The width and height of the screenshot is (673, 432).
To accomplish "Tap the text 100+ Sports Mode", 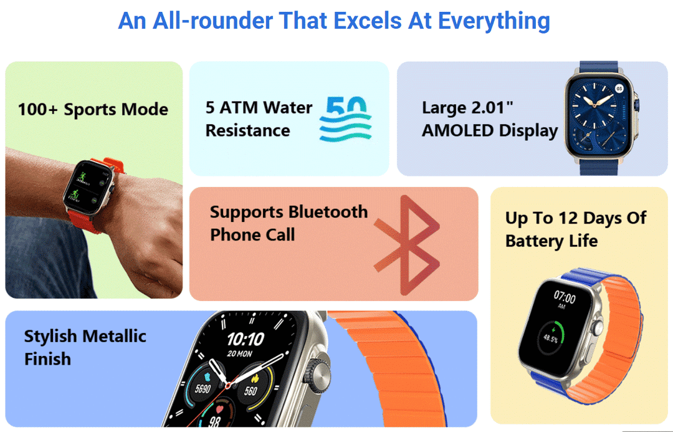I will coord(93,110).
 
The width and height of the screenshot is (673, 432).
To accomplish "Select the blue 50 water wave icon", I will coord(345,118).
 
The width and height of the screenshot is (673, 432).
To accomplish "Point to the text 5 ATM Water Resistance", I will coord(259,119).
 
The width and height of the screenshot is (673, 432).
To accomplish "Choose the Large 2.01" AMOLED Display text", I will coord(489,119).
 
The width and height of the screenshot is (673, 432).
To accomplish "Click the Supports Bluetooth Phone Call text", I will coord(289,223).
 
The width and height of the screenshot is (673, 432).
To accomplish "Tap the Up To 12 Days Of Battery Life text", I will coord(575,229).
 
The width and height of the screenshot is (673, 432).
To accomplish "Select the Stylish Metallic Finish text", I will coord(85,347).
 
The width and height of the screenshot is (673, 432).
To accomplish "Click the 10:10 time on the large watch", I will coord(245,340).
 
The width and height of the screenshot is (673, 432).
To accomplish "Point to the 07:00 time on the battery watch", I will coord(565,298).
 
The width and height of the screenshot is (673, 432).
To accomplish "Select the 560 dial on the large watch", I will coord(251,391).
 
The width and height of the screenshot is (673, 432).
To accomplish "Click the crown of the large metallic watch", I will coord(322,374).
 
